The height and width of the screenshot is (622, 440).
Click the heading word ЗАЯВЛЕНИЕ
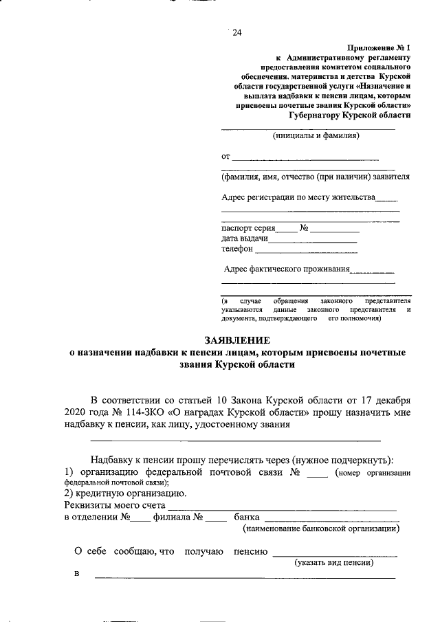pyautogui.click(x=237, y=340)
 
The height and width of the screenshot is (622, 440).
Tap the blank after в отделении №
pyautogui.click(x=140, y=518)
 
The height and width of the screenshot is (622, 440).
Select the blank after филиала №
pyautogui.click(x=216, y=518)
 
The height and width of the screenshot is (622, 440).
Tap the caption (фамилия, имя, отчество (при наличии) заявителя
pyautogui.click(x=316, y=177)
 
